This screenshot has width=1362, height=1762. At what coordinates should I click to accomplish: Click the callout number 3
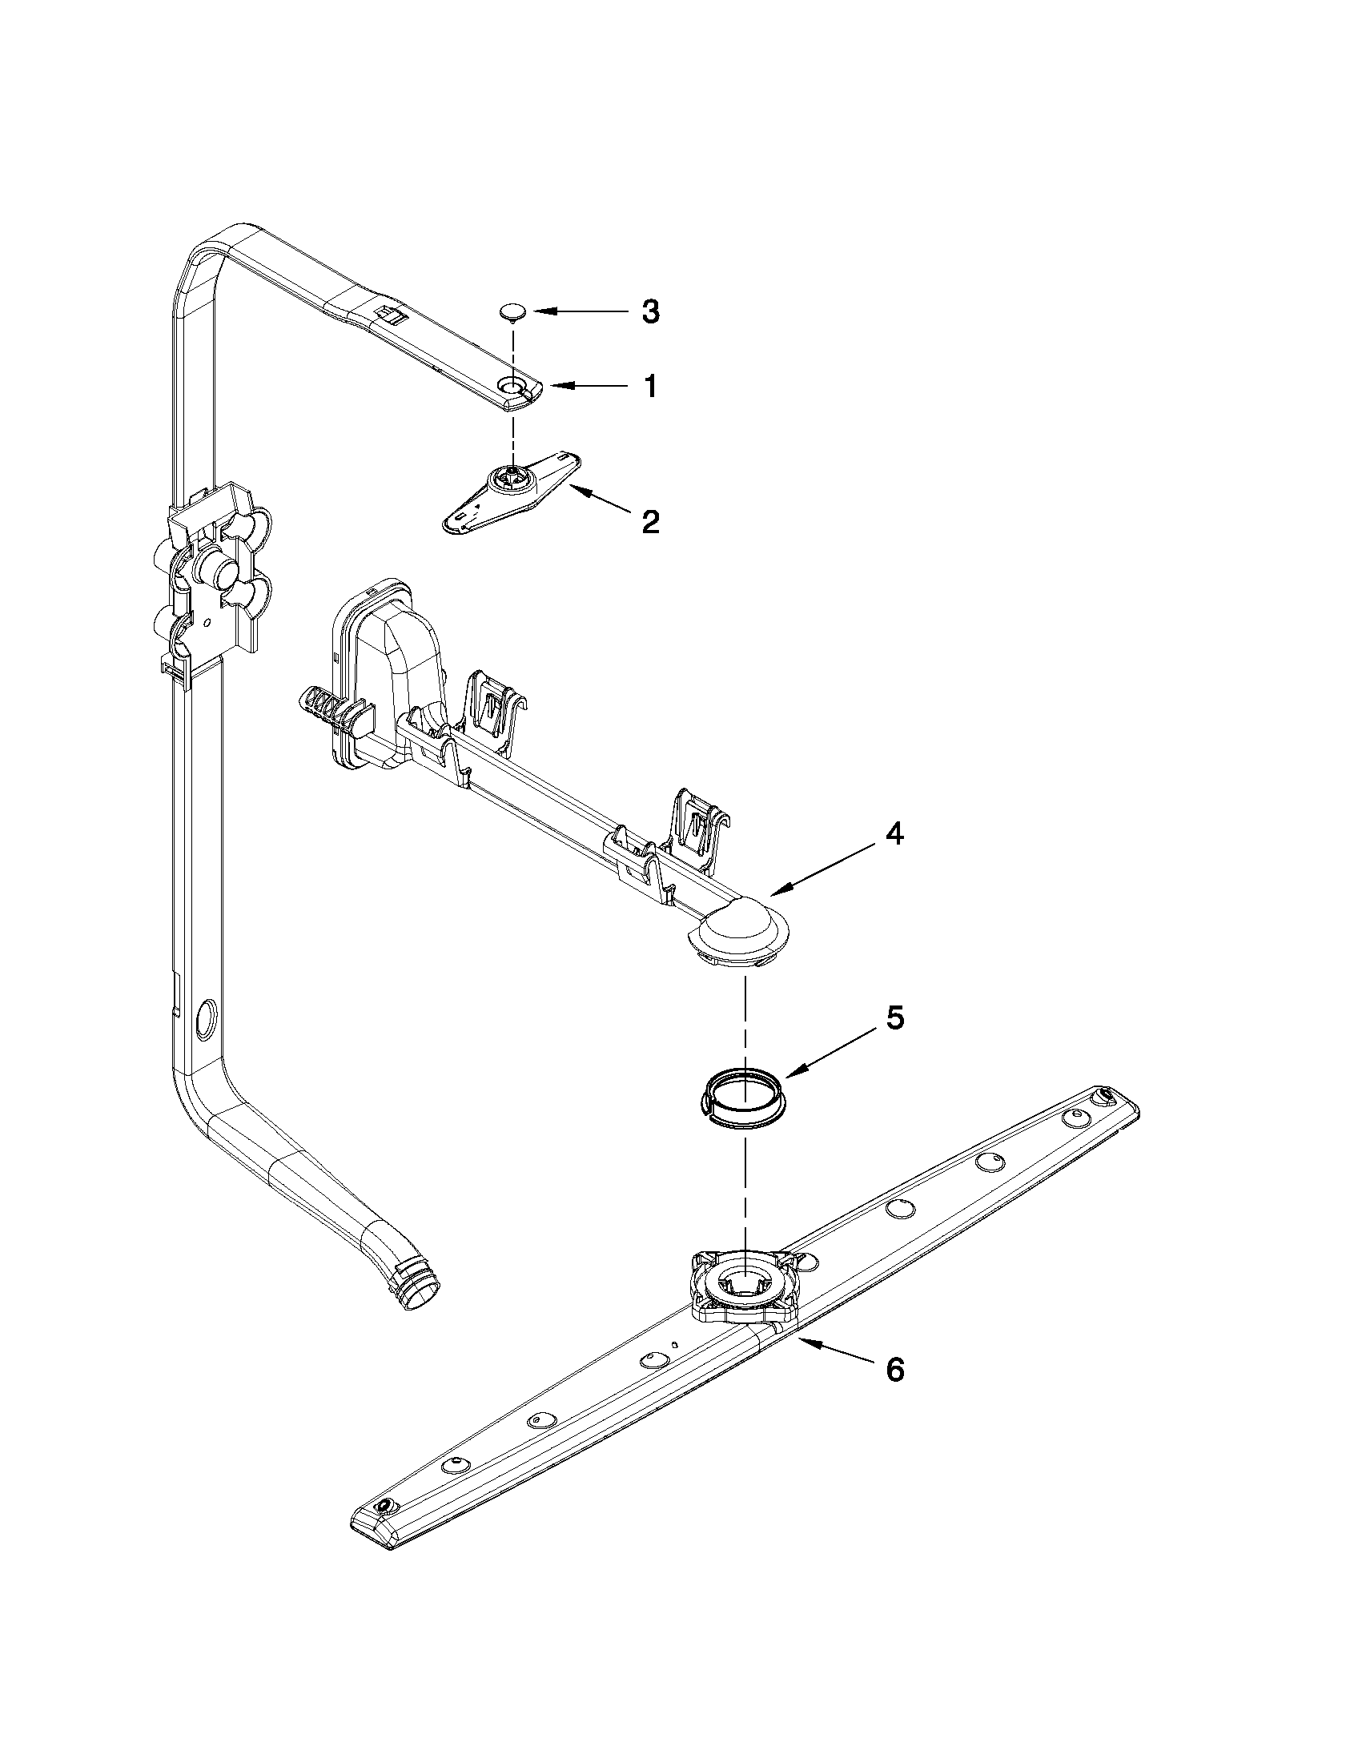pyautogui.click(x=650, y=311)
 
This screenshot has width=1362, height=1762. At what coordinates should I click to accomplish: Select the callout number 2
pyautogui.click(x=650, y=522)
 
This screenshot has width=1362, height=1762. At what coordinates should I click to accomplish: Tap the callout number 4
pyautogui.click(x=894, y=833)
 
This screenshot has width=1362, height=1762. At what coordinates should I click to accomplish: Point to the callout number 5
pyautogui.click(x=895, y=1017)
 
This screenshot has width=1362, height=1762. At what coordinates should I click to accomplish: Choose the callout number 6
pyautogui.click(x=895, y=1369)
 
